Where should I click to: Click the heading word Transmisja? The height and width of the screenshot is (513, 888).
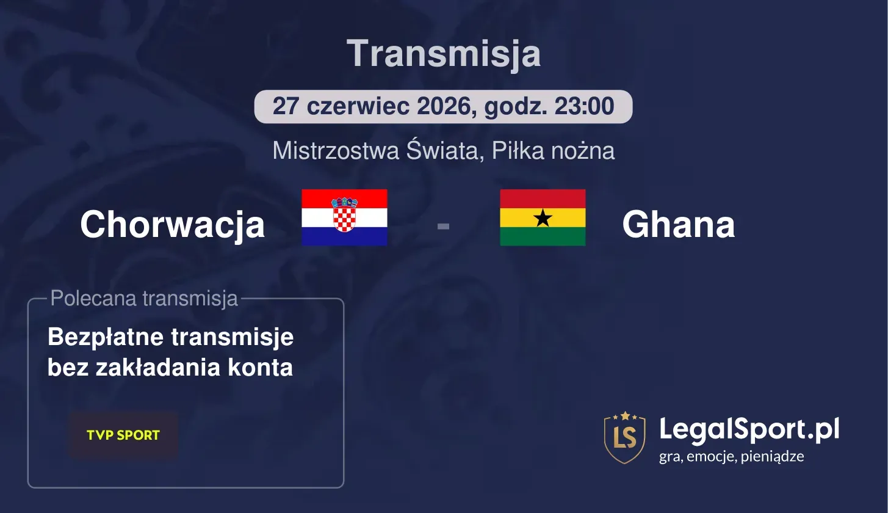point(444,54)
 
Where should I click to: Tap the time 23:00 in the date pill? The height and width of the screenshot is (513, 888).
point(584,107)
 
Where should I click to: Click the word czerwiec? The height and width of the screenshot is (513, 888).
point(358,107)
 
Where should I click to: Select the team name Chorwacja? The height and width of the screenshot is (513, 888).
point(172,225)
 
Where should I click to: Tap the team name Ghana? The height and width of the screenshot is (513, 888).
point(678,225)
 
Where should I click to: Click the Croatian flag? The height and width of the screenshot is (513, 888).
point(344,217)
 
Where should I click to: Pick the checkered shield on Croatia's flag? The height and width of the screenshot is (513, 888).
point(344,216)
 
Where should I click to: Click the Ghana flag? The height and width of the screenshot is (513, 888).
point(543,217)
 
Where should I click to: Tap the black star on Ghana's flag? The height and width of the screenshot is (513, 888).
point(543,218)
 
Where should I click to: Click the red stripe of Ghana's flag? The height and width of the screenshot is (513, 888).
point(543,198)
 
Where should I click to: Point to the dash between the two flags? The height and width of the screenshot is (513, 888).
point(443,227)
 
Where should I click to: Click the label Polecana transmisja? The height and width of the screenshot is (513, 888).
point(144,299)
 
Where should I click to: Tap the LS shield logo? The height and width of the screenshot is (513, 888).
point(624,437)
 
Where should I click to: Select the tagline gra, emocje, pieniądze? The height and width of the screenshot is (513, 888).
point(731,457)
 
